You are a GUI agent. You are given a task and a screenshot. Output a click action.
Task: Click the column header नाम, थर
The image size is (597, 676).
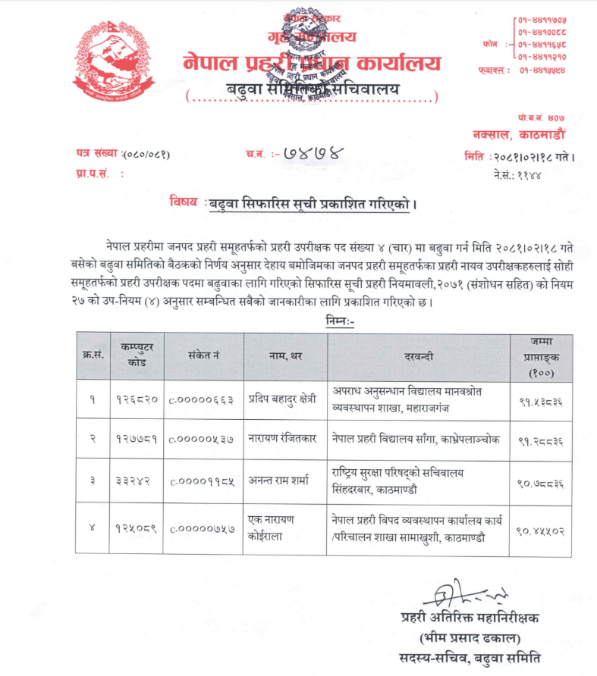(286, 355)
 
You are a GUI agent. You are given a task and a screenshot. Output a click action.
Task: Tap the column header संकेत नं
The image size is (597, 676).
(203, 355)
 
